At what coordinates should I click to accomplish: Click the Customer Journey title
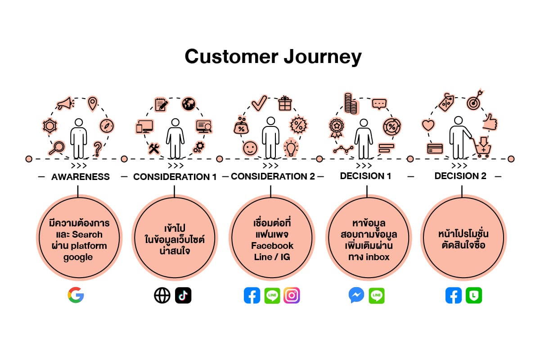pyautogui.click(x=273, y=57)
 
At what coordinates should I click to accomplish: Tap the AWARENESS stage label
pyautogui.click(x=81, y=177)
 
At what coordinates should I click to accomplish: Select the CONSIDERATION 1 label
pyautogui.click(x=175, y=177)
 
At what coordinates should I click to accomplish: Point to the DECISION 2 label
pyautogui.click(x=460, y=176)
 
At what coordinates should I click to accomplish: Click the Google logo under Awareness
pyautogui.click(x=76, y=295)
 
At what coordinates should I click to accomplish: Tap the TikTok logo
pyautogui.click(x=183, y=295)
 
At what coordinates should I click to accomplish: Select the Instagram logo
pyautogui.click(x=292, y=295)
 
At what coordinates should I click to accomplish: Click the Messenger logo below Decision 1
pyautogui.click(x=356, y=295)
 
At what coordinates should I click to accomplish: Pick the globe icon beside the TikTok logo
pyautogui.click(x=162, y=295)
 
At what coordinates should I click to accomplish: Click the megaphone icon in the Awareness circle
pyautogui.click(x=65, y=104)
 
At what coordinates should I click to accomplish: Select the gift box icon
pyautogui.click(x=285, y=103)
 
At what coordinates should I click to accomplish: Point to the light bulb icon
pyautogui.click(x=291, y=147)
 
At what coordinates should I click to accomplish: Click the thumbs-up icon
pyautogui.click(x=489, y=121)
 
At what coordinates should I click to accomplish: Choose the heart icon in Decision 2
pyautogui.click(x=427, y=125)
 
